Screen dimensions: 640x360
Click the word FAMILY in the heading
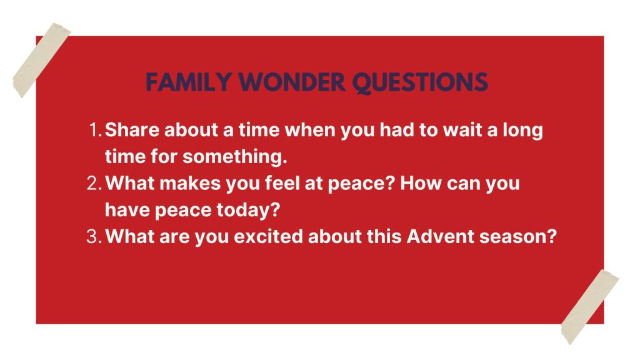[x=189, y=82]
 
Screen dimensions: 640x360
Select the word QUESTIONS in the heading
[x=420, y=83]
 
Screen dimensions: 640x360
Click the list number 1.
[x=95, y=130]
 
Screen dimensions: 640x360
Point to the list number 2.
[x=94, y=183]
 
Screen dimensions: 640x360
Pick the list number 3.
[x=94, y=237]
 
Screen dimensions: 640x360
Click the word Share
[x=132, y=130]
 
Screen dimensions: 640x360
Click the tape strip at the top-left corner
[x=42, y=61]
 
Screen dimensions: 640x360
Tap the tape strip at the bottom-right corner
[x=590, y=307]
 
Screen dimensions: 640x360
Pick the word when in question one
[x=310, y=130]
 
